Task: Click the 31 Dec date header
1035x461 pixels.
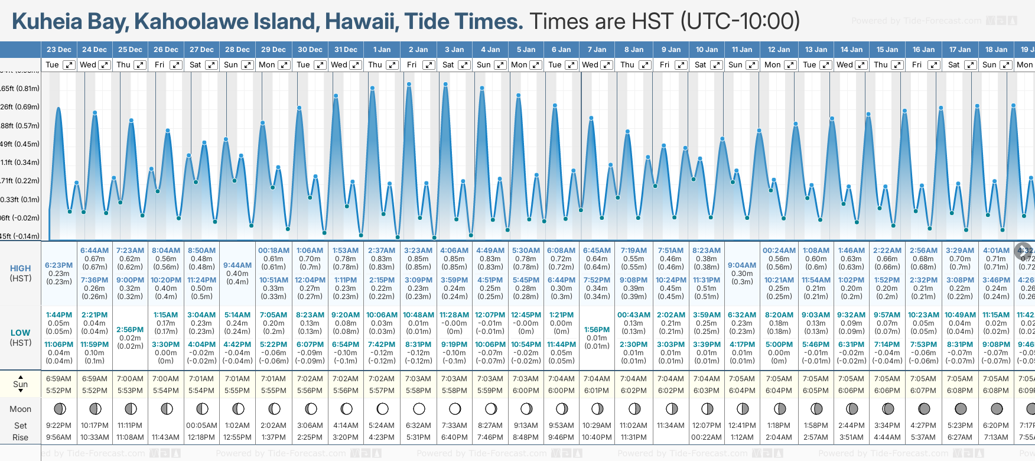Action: tap(346, 50)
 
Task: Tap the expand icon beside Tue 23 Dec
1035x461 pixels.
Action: tap(69, 65)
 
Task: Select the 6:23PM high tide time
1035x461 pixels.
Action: tap(59, 265)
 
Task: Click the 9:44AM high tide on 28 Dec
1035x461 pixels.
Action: tap(237, 265)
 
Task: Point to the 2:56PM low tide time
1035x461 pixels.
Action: tap(130, 330)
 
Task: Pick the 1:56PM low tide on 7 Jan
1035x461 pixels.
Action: tap(597, 330)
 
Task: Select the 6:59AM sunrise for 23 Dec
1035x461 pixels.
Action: tap(58, 379)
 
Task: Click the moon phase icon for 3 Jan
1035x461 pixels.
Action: tap(455, 408)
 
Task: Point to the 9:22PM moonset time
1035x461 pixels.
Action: tap(58, 426)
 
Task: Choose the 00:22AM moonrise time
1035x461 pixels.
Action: tap(707, 437)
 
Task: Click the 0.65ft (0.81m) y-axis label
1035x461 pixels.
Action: tap(20, 89)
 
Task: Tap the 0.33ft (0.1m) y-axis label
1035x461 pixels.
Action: tap(20, 199)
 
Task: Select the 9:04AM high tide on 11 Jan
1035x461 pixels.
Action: tap(742, 265)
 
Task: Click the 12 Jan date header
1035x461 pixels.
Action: tap(779, 50)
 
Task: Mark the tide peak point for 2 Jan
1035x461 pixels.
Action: tap(409, 84)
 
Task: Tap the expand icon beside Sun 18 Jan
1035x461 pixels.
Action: tap(1005, 65)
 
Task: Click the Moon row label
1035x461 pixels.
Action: tap(21, 409)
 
